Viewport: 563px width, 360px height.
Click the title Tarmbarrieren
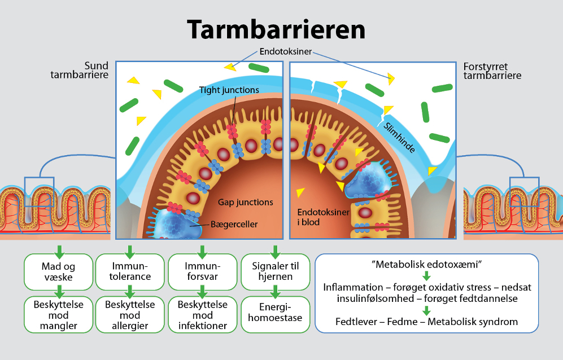click(x=277, y=28)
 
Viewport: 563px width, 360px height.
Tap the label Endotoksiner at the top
click(x=286, y=52)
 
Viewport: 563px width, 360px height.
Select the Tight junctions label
click(x=229, y=90)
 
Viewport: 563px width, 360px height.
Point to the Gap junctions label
click(x=245, y=202)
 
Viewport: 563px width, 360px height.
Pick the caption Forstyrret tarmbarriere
click(x=492, y=71)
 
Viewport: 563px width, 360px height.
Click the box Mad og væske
click(x=58, y=271)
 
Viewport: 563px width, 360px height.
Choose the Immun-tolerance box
click(x=130, y=271)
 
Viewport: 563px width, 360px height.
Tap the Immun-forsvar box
click(x=203, y=271)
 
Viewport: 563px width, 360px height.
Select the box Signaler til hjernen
click(x=276, y=271)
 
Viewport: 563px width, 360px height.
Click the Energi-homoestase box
click(x=276, y=313)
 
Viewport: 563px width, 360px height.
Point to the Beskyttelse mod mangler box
click(x=58, y=315)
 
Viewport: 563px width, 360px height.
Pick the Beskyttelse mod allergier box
click(x=130, y=315)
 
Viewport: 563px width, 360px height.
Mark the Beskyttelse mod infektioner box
click(x=203, y=315)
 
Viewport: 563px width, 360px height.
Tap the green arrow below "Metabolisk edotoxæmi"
click(x=426, y=276)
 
